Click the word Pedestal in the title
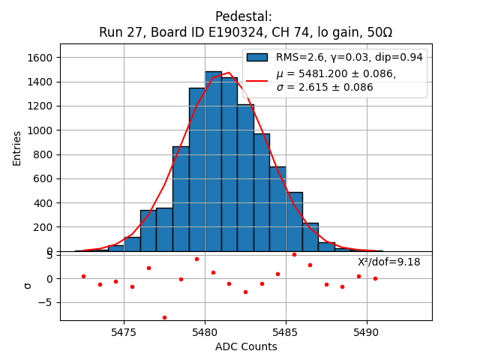coord(244,16)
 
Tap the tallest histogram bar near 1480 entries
coord(213,161)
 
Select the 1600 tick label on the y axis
coord(40,58)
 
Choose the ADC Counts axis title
coord(245,346)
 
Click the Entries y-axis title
coord(17,148)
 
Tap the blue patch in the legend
coord(258,57)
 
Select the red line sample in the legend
coord(258,80)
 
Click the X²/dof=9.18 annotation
coord(388,262)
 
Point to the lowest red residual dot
coord(164,317)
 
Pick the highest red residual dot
coord(294,254)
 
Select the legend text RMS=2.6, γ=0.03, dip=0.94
coord(349,57)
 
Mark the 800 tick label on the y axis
coord(43,154)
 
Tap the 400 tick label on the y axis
coord(43,203)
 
